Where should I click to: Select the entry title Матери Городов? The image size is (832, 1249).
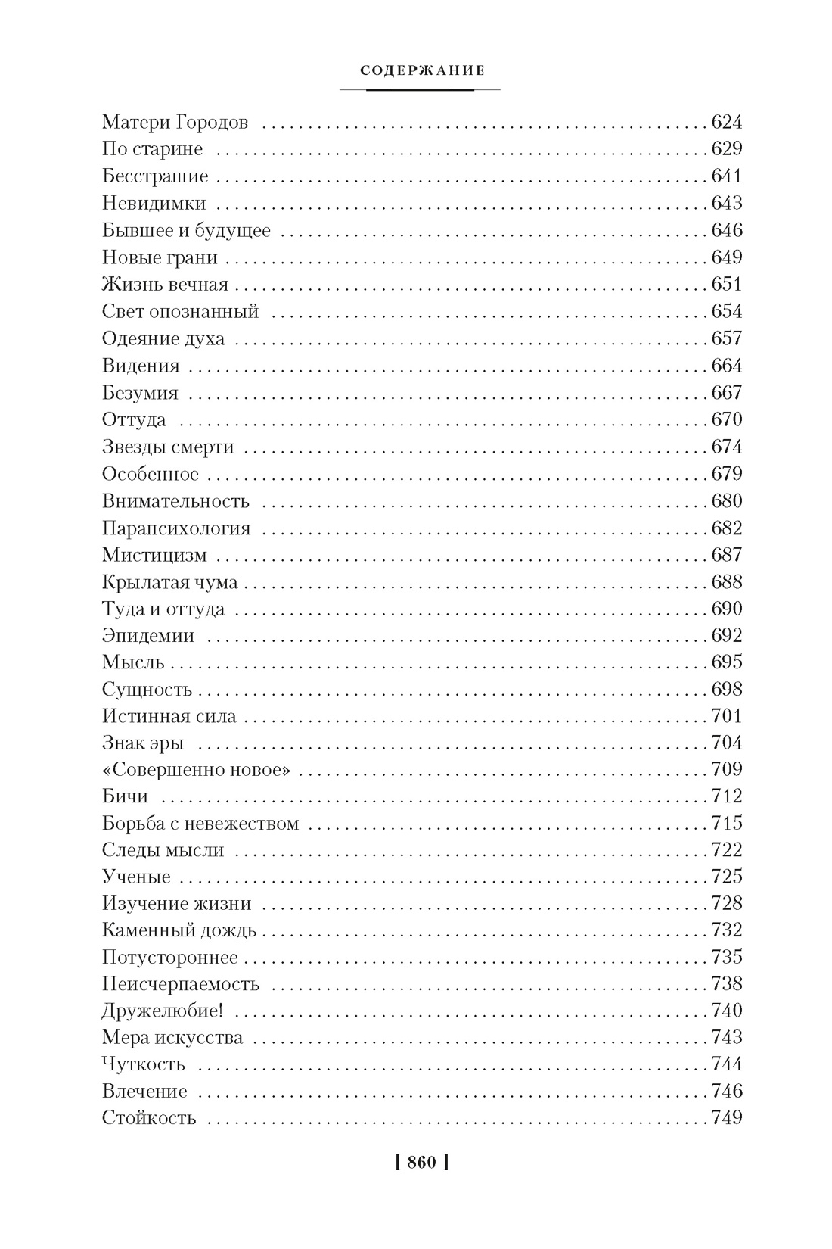click(x=175, y=123)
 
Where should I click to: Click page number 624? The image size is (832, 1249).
click(x=727, y=123)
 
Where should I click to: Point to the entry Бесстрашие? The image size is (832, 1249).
click(x=155, y=176)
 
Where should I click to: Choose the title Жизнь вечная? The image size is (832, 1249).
click(x=165, y=285)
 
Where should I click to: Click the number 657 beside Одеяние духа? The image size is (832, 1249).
click(x=727, y=338)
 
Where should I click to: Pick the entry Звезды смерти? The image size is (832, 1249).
click(x=168, y=447)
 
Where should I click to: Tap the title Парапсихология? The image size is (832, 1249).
click(x=176, y=528)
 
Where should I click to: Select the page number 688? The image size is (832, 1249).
click(x=727, y=582)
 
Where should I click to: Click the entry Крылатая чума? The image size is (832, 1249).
click(x=170, y=582)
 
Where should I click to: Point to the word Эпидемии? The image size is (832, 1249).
click(x=148, y=636)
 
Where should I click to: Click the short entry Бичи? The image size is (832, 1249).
click(x=125, y=796)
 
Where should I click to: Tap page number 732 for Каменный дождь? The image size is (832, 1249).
click(x=727, y=930)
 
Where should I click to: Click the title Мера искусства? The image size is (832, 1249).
click(x=172, y=1037)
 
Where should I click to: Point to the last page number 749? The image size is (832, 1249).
click(x=727, y=1117)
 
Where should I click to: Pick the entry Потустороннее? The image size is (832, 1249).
click(x=170, y=957)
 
